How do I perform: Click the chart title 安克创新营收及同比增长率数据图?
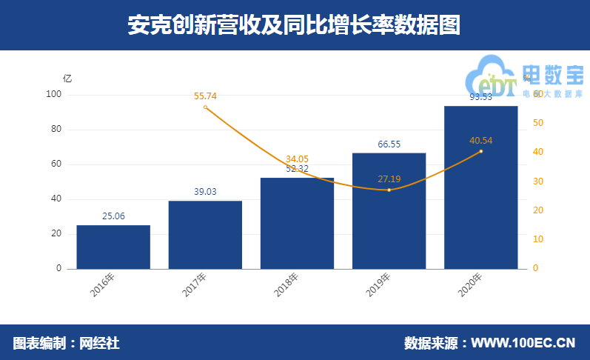(x=295, y=25)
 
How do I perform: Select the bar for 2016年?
(x=113, y=247)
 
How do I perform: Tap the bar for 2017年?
(x=205, y=235)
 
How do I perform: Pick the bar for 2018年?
(x=297, y=223)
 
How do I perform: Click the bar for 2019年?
(x=389, y=211)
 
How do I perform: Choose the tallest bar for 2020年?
(x=480, y=187)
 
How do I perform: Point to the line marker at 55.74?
(x=205, y=107)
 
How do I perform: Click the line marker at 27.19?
(x=389, y=190)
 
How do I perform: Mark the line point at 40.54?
(x=480, y=151)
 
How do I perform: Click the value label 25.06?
(x=113, y=216)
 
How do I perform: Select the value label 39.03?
(x=205, y=192)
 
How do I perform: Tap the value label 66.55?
(x=389, y=144)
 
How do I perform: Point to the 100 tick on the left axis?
(x=54, y=95)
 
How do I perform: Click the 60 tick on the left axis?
(x=56, y=164)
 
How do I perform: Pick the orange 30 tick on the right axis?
(x=538, y=181)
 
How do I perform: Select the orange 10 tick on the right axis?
(x=538, y=239)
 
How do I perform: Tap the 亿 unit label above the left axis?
(x=67, y=78)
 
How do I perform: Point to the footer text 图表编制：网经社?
(x=66, y=343)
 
